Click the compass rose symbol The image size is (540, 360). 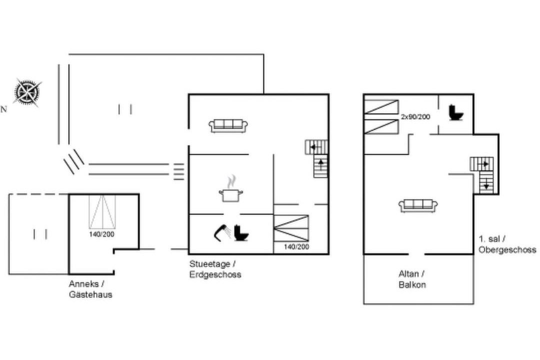point(27,92)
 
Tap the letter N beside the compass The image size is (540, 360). point(4,109)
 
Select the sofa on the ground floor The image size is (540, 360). point(228,125)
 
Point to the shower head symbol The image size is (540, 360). point(222,232)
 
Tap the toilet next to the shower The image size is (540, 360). point(241,232)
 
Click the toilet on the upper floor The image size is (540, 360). point(456,112)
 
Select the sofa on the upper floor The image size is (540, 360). point(418,205)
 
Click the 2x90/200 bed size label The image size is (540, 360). point(415,117)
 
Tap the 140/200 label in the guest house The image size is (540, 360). point(101,234)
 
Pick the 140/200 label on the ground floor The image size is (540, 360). point(296,246)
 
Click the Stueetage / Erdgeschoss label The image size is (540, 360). point(215,269)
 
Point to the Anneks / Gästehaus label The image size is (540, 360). point(90,289)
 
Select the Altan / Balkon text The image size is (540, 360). point(412,279)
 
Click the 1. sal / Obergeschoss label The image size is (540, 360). point(507,244)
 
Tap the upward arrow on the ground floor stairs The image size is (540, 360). point(321,164)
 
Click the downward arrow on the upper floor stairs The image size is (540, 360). point(486,184)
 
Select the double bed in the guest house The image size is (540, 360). point(102,211)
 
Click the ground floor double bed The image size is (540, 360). point(291,228)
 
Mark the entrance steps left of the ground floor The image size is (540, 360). point(178,171)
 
